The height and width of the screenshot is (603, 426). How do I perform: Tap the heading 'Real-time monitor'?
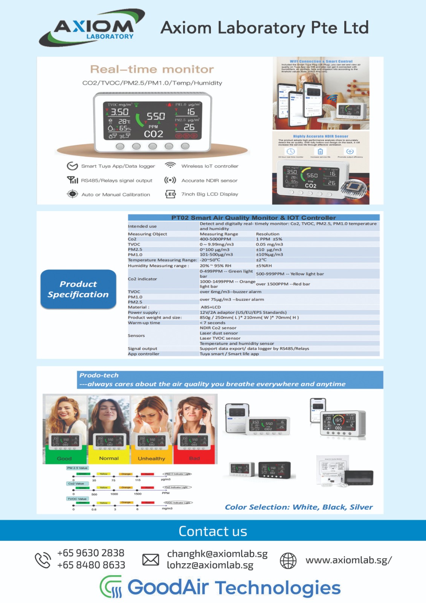point(152,69)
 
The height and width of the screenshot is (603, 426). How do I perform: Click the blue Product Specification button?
point(78,289)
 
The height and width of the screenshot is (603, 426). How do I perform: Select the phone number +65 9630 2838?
point(91,553)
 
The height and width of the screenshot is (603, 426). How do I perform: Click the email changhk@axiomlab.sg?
point(217,554)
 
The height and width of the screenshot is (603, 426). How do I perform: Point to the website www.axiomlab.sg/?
point(348,560)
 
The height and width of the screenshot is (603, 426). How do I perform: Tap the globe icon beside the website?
point(288,560)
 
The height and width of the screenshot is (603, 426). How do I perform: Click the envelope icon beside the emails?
point(151,560)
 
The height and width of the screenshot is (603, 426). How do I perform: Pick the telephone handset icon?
point(43,560)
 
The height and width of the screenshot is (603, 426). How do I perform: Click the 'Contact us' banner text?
point(213,531)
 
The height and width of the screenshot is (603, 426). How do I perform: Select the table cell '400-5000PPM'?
point(215,239)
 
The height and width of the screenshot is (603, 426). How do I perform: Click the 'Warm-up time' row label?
point(144,323)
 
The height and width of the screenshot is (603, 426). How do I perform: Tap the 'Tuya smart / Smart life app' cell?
point(229,354)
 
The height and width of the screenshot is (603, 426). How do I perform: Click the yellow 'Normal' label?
point(109,458)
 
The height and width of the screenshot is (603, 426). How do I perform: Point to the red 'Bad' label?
point(194,458)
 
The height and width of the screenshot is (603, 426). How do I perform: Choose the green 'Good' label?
point(64,458)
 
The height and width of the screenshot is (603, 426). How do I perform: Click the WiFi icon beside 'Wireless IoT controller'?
point(171,165)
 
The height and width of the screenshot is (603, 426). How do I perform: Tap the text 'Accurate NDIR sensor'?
point(209,181)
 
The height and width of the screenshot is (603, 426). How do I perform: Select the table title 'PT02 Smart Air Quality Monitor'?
point(253,217)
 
